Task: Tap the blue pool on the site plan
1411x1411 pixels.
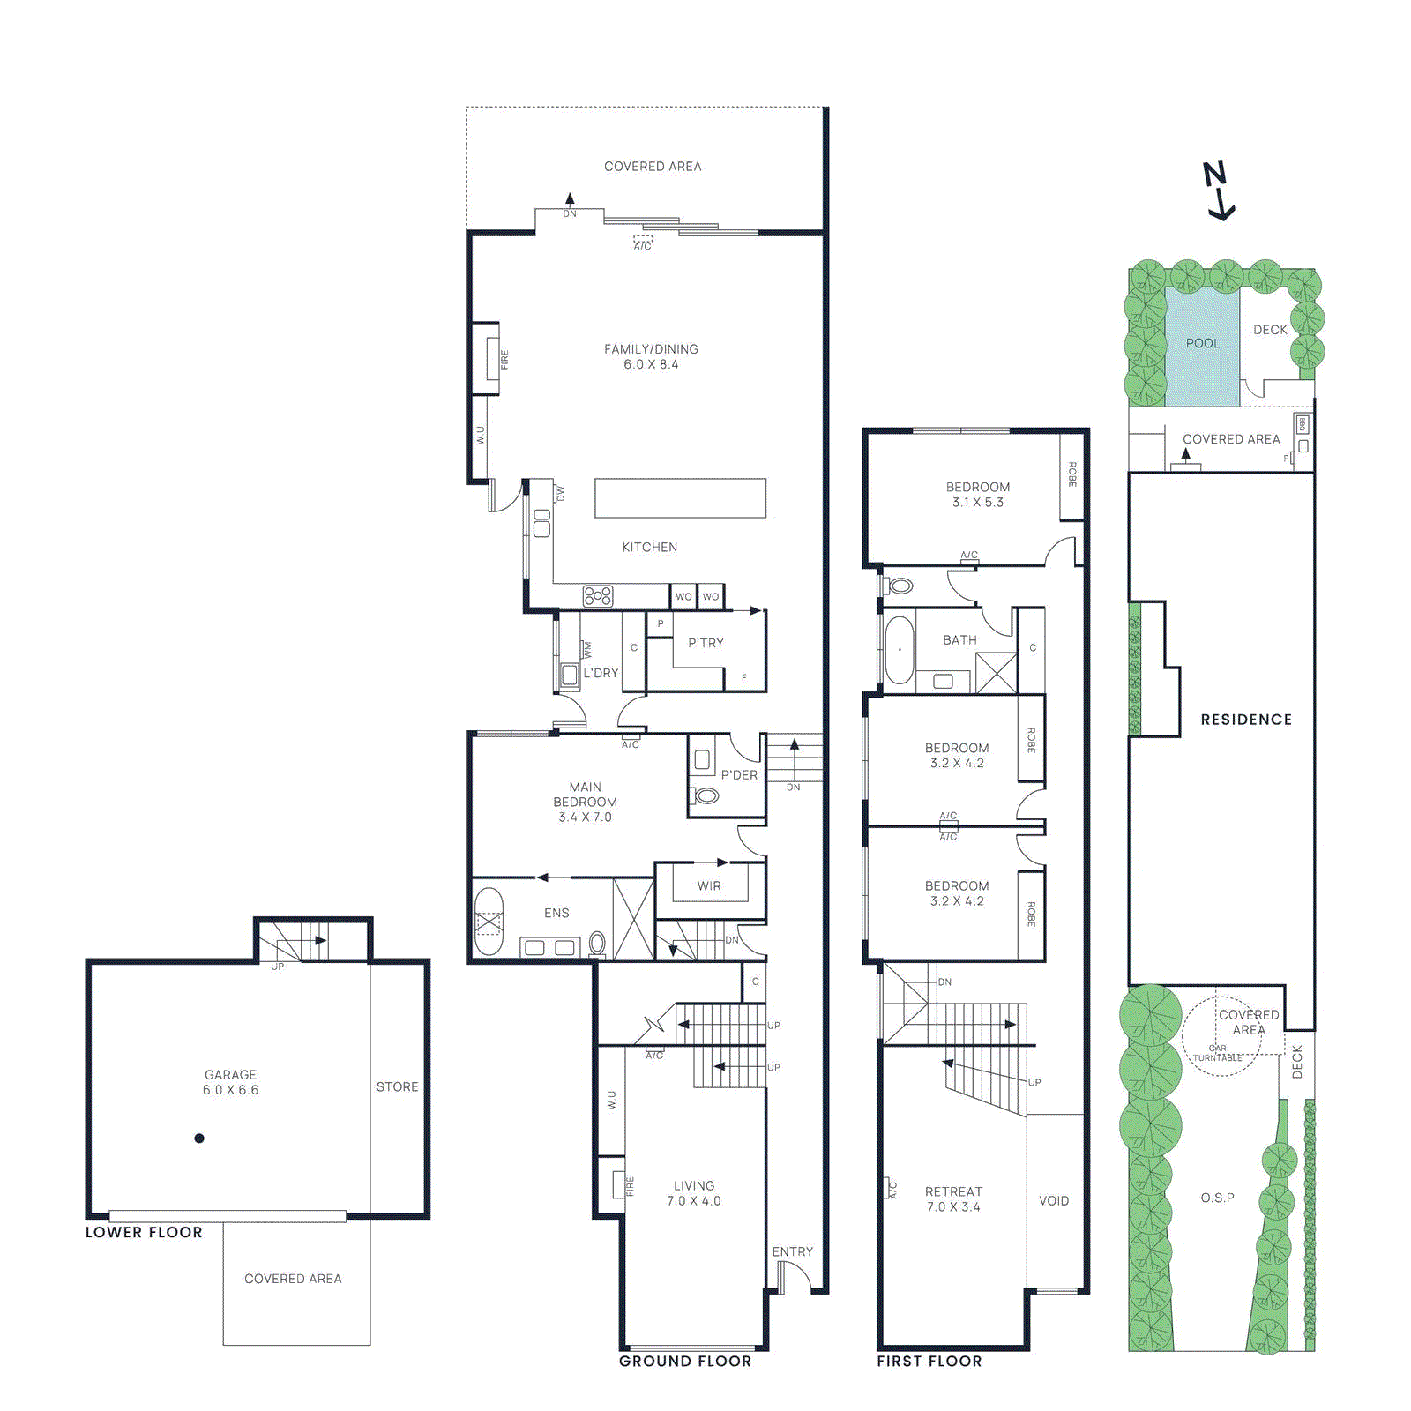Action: tap(1202, 346)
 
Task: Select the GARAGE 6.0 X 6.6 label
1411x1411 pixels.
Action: tap(230, 1082)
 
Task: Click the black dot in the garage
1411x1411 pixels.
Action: tap(199, 1139)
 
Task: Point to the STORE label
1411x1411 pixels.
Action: tap(397, 1087)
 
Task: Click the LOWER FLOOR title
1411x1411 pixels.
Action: tap(144, 1233)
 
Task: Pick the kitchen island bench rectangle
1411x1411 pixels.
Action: tap(680, 498)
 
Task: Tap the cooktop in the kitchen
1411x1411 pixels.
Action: tap(598, 597)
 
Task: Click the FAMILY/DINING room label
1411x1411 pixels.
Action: tap(651, 356)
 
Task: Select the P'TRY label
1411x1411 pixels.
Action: tap(705, 643)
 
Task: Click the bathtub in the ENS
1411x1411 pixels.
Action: tap(489, 922)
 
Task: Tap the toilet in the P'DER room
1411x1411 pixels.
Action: tap(706, 796)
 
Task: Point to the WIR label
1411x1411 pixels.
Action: tap(709, 886)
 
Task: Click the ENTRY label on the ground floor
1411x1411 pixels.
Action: tap(792, 1252)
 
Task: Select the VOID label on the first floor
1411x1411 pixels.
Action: tap(1054, 1201)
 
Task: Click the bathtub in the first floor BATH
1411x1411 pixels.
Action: tap(899, 650)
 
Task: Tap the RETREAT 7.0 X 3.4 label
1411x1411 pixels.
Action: tap(953, 1199)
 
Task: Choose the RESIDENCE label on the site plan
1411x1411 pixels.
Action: tap(1246, 720)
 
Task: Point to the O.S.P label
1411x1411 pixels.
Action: tap(1217, 1198)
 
